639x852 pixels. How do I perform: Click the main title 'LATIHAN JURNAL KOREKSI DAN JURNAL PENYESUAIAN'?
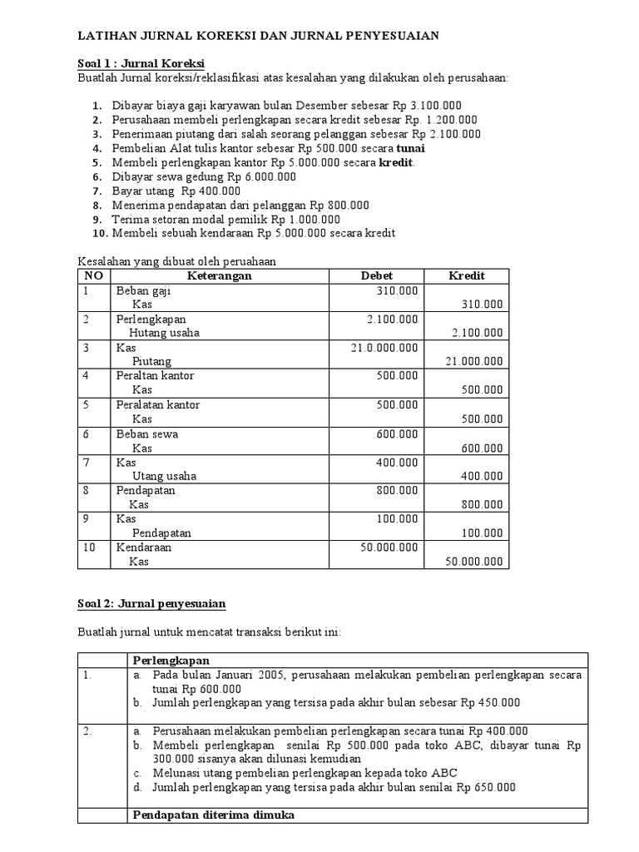click(x=258, y=36)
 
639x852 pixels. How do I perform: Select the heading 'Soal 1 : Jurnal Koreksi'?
click(x=141, y=64)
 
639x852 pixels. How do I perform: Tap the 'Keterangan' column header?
click(x=220, y=275)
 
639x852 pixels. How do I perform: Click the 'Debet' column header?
click(x=377, y=275)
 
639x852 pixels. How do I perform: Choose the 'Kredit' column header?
click(x=466, y=275)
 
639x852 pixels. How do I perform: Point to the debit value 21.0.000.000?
click(x=384, y=347)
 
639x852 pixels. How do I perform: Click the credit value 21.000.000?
click(x=473, y=361)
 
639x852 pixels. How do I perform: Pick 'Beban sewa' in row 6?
click(x=146, y=433)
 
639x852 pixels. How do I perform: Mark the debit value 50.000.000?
click(x=388, y=548)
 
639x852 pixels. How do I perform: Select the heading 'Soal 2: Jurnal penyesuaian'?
click(x=151, y=602)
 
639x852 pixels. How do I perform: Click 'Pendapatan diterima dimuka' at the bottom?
click(x=209, y=816)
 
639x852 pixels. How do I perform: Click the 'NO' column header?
click(x=93, y=275)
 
